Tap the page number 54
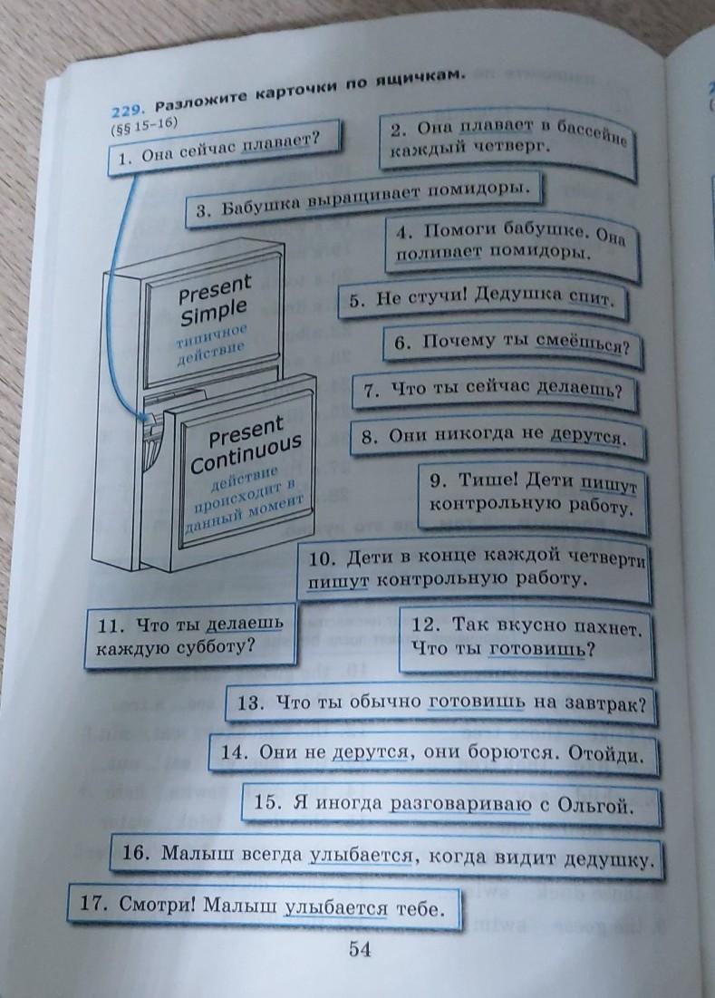360,950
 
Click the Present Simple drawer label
215,300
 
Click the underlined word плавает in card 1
278,142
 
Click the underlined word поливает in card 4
438,252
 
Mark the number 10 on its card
321,559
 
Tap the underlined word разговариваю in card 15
460,804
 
